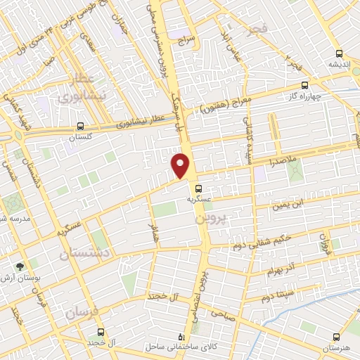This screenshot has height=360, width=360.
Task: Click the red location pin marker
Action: pos(181,165)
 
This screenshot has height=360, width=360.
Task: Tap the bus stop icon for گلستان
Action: pos(80,127)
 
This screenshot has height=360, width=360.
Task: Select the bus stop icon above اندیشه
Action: pos(339,53)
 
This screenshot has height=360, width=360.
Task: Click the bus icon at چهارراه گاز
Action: pos(304,85)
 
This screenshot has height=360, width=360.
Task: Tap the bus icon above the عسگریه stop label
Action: pos(199,188)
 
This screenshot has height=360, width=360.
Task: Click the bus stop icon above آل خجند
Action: pos(101,330)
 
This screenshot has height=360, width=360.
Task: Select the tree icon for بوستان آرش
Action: pos(20,266)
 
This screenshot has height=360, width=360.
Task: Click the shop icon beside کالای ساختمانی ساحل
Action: pos(182,336)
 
